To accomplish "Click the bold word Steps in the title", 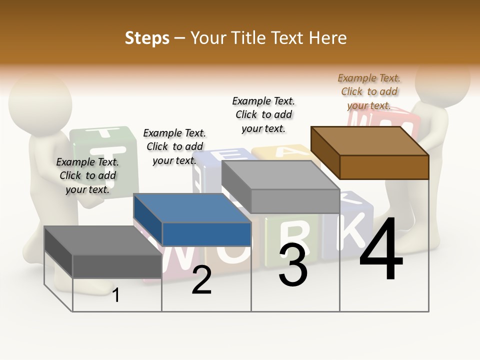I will [x=147, y=38].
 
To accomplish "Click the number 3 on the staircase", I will [x=293, y=264].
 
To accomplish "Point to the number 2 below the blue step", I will [x=201, y=280].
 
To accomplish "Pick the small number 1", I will [x=116, y=295].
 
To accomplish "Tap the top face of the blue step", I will [x=192, y=208].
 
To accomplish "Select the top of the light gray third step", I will [x=280, y=175].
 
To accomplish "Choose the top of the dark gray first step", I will [x=102, y=240].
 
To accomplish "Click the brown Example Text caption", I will [x=369, y=91].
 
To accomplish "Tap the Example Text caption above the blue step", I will [x=174, y=146].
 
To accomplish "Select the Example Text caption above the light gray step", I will [x=263, y=114].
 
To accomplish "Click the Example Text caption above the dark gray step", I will [x=87, y=175].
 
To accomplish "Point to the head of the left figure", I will [x=40, y=100].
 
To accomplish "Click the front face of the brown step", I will [x=384, y=167].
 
